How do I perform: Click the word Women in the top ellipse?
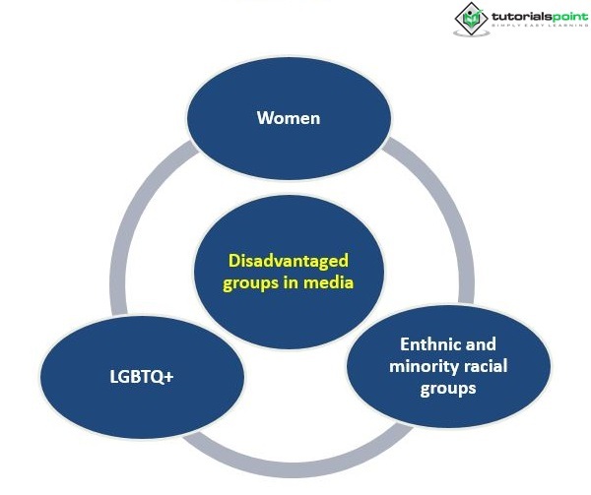[289, 118]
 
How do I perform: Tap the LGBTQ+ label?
[142, 377]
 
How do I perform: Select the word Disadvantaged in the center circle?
[289, 262]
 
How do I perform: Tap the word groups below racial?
[448, 388]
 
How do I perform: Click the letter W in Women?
[264, 118]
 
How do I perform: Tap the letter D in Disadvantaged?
[233, 262]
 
